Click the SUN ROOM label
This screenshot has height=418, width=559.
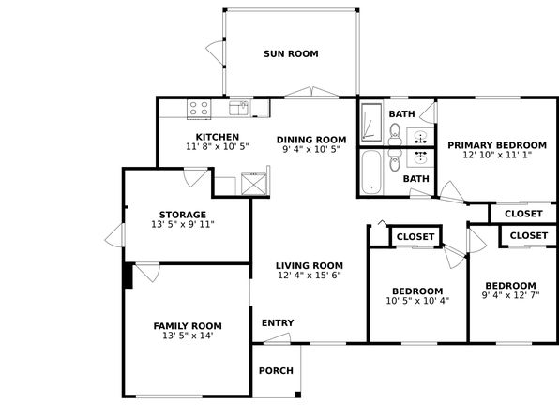(x=291, y=53)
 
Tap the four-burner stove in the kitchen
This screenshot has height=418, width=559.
(x=199, y=109)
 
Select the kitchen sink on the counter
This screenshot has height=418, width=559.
(x=238, y=108)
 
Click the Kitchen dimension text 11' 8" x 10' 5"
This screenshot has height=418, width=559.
(x=217, y=146)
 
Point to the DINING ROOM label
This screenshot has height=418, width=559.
(x=311, y=140)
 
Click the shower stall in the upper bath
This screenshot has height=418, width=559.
(x=371, y=121)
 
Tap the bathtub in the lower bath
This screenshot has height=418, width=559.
(x=371, y=172)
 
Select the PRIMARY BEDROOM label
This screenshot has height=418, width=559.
(x=497, y=145)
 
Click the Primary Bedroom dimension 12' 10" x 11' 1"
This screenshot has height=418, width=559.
(x=497, y=155)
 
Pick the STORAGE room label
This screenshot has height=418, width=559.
(x=183, y=215)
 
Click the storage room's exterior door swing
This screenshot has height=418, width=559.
(x=114, y=235)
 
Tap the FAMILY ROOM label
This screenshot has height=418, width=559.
(x=188, y=326)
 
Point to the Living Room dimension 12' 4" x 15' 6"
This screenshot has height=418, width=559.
(x=310, y=276)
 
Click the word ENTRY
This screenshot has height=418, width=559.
(x=278, y=322)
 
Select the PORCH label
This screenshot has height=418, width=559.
(x=276, y=371)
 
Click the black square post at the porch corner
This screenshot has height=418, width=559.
(x=297, y=395)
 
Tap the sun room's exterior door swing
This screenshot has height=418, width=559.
(x=216, y=52)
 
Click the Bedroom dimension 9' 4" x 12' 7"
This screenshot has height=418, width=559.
(x=510, y=295)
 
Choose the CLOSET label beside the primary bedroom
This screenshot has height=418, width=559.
(x=523, y=214)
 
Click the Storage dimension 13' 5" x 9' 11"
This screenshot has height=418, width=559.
(x=183, y=225)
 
